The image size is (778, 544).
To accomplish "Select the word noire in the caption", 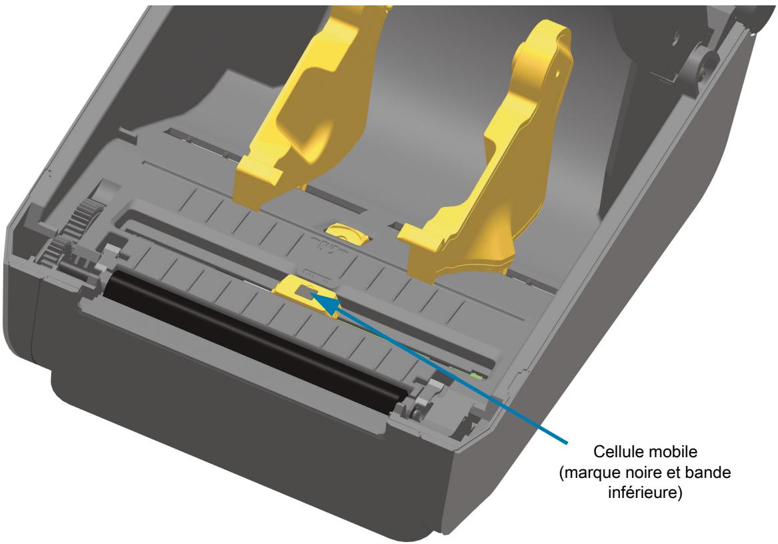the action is point(637,472).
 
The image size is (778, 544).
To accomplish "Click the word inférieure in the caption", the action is point(643,493).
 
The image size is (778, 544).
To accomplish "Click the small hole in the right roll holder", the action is point(557,73).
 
